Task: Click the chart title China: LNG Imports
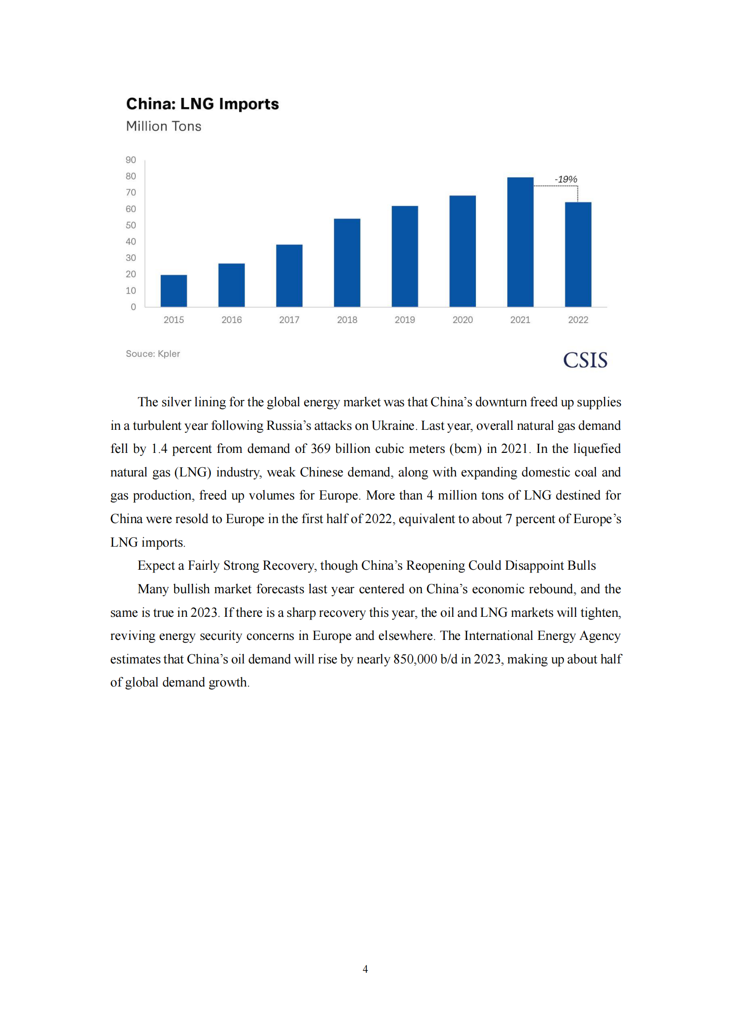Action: click(202, 104)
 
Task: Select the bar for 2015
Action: click(174, 291)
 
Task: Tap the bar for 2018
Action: click(347, 263)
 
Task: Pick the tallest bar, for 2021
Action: click(520, 242)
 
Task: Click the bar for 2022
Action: click(578, 254)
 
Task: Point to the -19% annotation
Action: click(565, 179)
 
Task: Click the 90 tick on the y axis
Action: click(131, 160)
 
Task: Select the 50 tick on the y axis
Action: click(131, 225)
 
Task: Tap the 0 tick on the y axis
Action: click(133, 307)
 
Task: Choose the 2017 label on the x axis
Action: click(289, 320)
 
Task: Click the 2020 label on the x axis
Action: click(462, 320)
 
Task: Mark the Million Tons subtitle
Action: click(163, 126)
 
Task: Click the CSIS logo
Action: click(585, 360)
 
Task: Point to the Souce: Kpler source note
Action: click(153, 354)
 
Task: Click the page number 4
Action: click(365, 969)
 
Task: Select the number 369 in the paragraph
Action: click(320, 449)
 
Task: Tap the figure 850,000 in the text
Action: click(415, 659)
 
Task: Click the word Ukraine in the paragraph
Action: click(393, 426)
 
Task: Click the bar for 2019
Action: click(405, 256)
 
